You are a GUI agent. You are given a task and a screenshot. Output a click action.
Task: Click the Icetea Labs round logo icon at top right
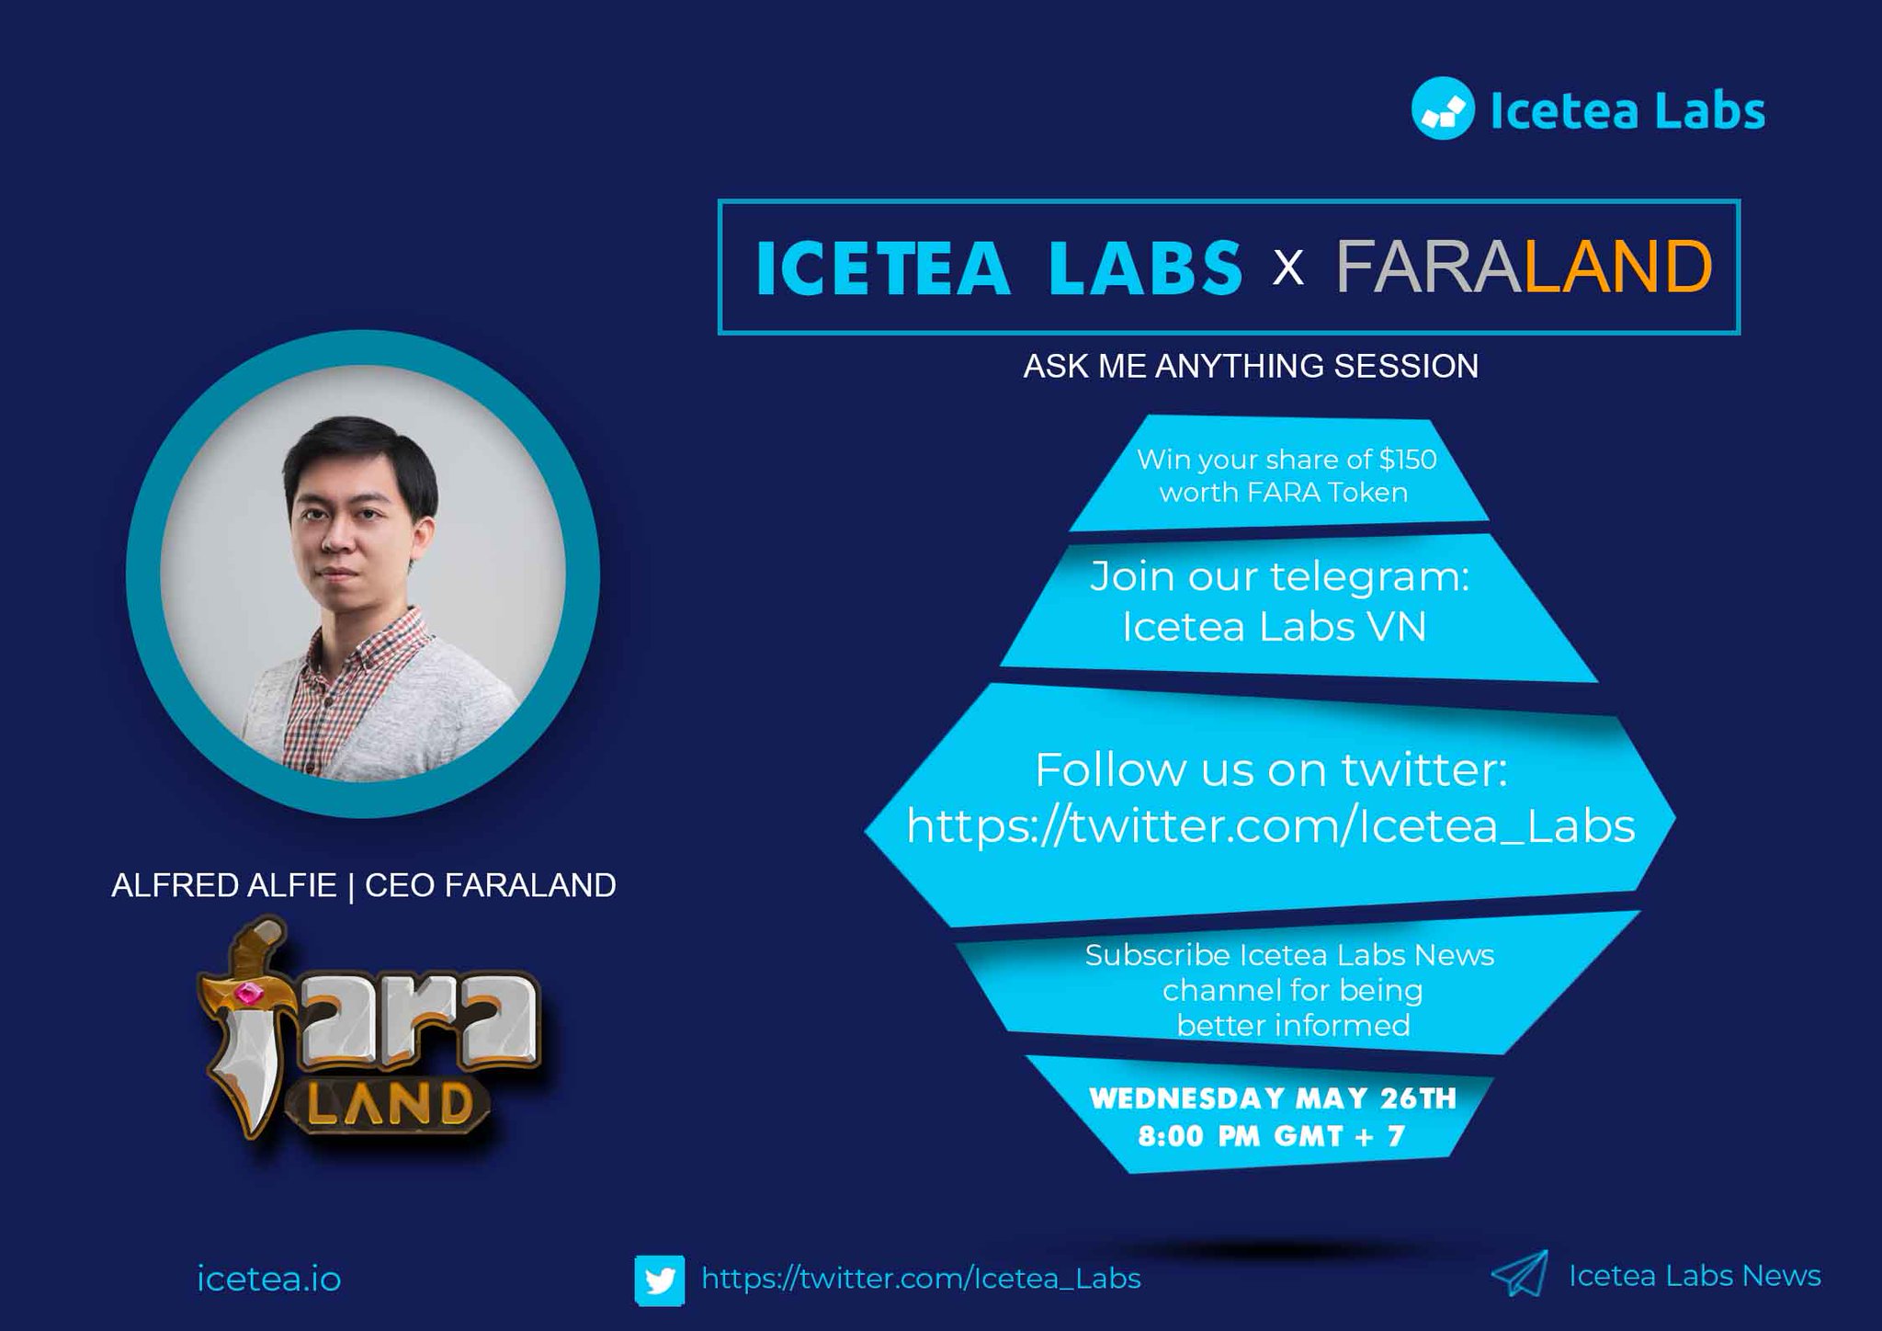[1442, 109]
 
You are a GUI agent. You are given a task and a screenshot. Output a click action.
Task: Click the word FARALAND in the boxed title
[1524, 267]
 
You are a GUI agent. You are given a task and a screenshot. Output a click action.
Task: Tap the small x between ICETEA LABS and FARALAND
[1288, 268]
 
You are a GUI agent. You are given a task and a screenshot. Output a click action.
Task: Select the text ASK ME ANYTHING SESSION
[1251, 366]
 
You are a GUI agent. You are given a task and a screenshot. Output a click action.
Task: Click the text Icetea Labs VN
[1274, 627]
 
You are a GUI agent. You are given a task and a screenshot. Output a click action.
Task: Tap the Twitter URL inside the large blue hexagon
[1271, 825]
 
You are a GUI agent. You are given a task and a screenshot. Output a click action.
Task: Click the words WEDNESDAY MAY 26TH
[1273, 1098]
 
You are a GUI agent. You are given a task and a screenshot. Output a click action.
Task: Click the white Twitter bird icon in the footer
[659, 1280]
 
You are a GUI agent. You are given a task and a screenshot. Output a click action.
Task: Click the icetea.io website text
[269, 1280]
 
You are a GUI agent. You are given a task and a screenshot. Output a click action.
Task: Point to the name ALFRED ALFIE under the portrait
[223, 885]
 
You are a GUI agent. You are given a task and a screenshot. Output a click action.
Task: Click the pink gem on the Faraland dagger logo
[247, 994]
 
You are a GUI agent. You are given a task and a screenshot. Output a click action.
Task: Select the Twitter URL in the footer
[921, 1279]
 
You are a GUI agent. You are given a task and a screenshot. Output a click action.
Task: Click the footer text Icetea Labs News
[1695, 1276]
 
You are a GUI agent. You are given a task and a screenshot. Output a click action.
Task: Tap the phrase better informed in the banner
[1293, 1025]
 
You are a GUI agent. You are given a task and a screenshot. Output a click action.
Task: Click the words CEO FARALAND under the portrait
[491, 885]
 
